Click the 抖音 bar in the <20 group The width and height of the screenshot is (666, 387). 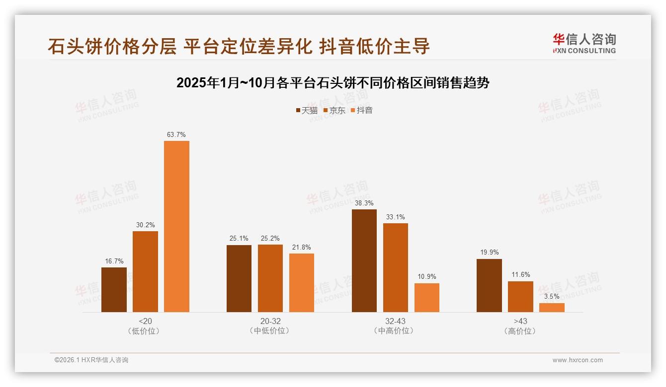click(x=176, y=226)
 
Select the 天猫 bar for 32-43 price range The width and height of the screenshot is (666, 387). click(x=364, y=260)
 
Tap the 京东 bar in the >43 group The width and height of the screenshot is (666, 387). click(x=520, y=297)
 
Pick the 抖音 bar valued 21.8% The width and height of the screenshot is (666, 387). click(x=302, y=283)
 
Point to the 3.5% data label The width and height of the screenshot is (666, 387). click(x=552, y=297)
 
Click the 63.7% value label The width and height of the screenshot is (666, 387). click(x=176, y=134)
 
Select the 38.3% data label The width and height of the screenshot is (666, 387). click(x=364, y=203)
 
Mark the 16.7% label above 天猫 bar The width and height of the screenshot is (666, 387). click(x=114, y=261)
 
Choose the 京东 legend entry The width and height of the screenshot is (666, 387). click(x=334, y=110)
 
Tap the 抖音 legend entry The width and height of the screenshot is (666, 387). click(x=362, y=110)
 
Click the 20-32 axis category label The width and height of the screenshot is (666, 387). click(x=270, y=321)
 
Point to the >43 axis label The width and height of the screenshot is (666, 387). click(x=520, y=321)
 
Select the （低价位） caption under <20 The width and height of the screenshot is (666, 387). click(x=145, y=331)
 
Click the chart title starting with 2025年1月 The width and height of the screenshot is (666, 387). click(x=333, y=83)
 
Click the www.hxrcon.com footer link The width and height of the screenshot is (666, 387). click(x=578, y=360)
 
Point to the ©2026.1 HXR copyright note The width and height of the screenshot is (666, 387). click(x=91, y=360)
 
